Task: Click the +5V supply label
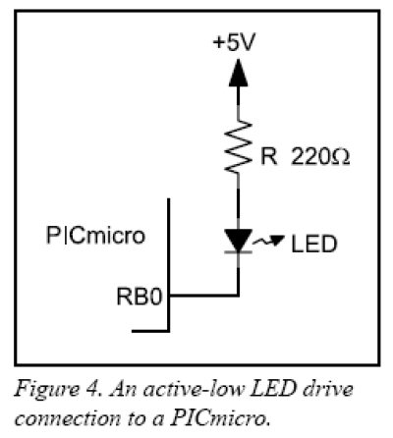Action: [x=234, y=42]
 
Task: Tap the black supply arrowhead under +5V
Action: [x=238, y=73]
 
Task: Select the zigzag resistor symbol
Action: [x=238, y=146]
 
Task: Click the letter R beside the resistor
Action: [x=268, y=156]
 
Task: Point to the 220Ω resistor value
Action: [x=320, y=156]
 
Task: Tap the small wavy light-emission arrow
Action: [x=267, y=241]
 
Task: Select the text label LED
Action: [x=313, y=244]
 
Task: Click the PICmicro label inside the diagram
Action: [x=95, y=236]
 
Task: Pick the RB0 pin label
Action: [x=140, y=297]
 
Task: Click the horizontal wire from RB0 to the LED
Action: [x=203, y=296]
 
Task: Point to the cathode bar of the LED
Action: [x=238, y=252]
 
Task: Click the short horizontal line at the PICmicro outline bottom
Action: [x=150, y=331]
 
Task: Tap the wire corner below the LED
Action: [x=238, y=296]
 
